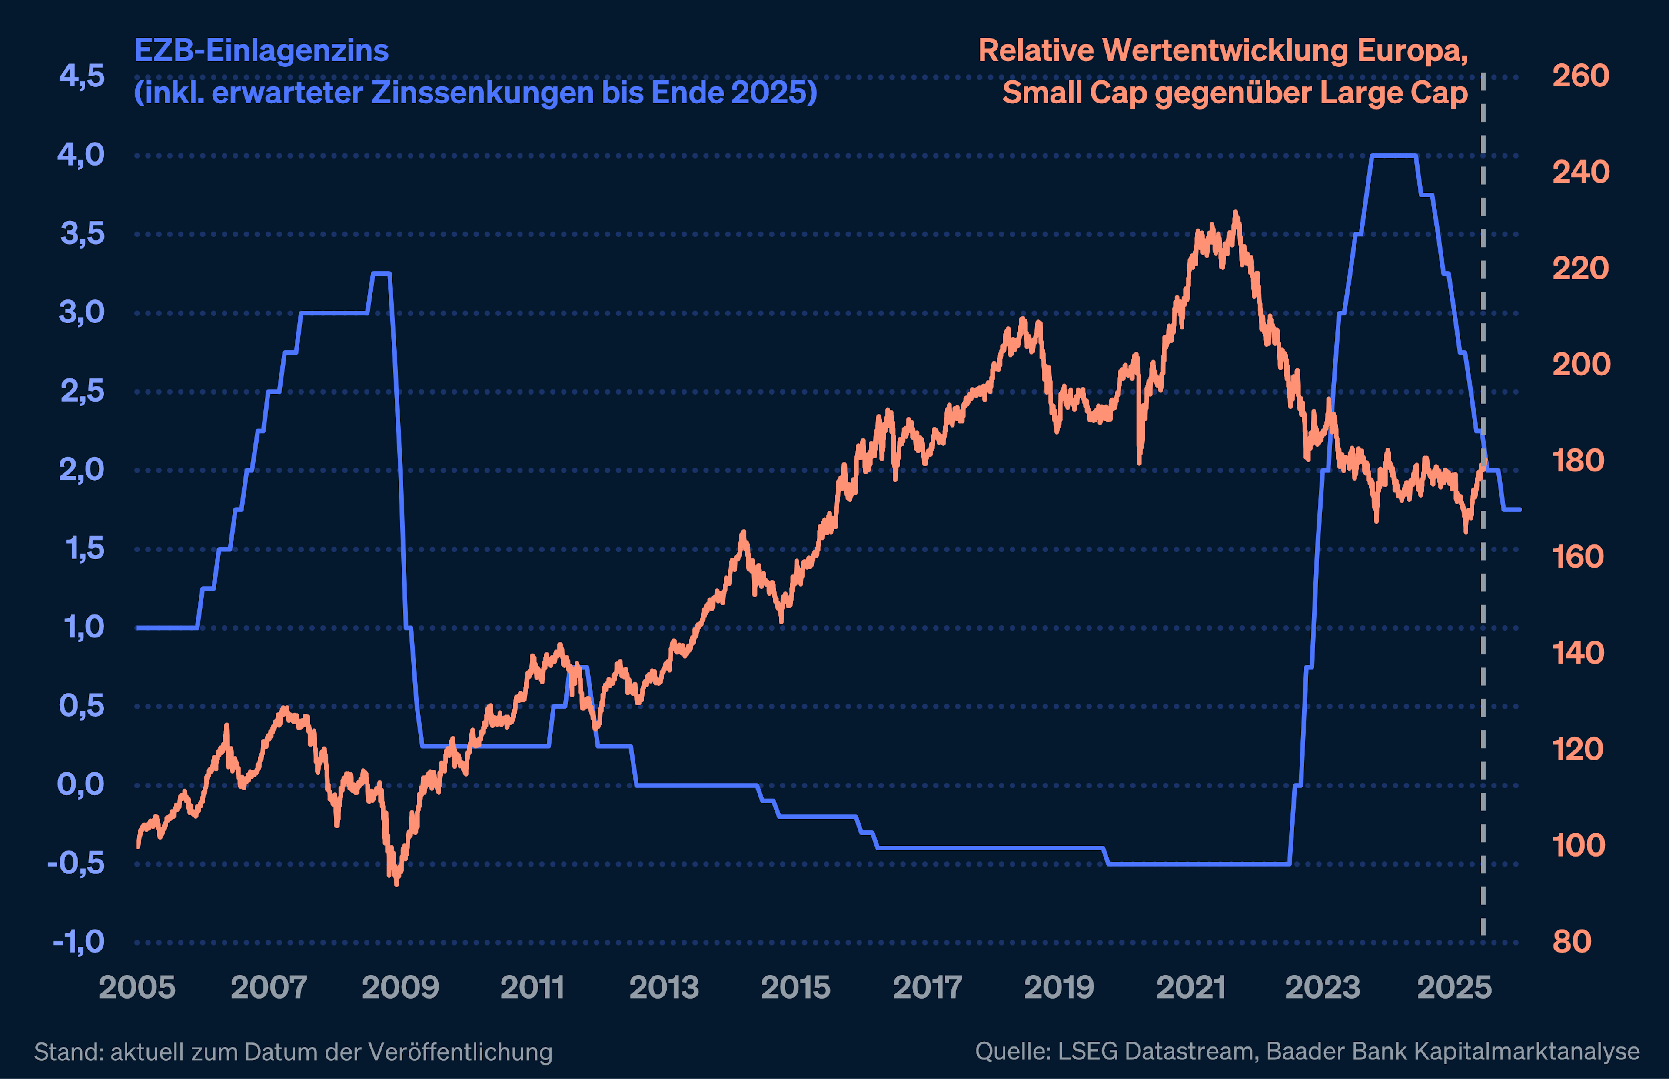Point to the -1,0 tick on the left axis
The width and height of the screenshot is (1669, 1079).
pos(79,942)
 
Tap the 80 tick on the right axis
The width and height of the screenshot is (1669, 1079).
pos(1572,942)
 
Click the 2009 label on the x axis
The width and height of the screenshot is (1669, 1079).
pos(400,988)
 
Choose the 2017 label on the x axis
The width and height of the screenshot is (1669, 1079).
pos(928,988)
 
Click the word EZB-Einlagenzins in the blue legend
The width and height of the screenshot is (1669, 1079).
pos(261,50)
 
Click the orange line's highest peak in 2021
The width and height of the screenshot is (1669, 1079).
pos(1235,212)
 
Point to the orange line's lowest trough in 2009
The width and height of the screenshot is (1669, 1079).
pos(396,884)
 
